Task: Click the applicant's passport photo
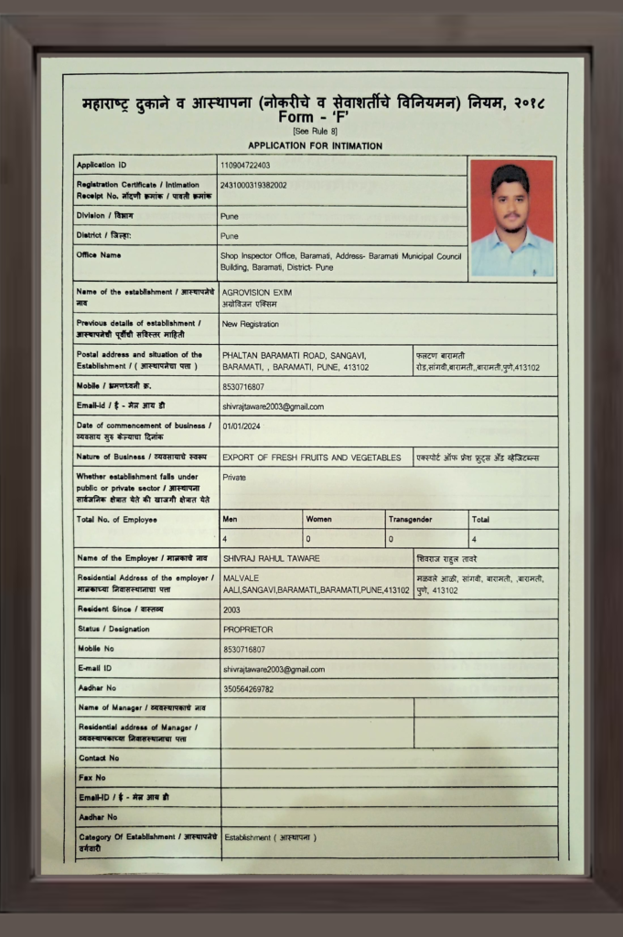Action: click(x=511, y=218)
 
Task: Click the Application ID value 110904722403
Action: click(x=245, y=166)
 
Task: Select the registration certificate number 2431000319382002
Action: click(x=253, y=185)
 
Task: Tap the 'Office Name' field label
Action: click(x=99, y=255)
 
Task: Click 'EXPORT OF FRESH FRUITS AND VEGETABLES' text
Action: click(x=311, y=458)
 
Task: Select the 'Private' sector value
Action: click(x=234, y=478)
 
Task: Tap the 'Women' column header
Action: click(x=319, y=519)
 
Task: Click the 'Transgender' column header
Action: click(x=410, y=519)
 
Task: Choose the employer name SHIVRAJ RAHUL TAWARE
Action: click(x=271, y=558)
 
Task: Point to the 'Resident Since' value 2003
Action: click(x=231, y=609)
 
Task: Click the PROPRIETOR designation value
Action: click(x=248, y=630)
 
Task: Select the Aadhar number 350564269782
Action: click(x=248, y=688)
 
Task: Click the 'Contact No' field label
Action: click(x=99, y=759)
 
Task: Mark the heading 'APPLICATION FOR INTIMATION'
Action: click(x=315, y=145)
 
